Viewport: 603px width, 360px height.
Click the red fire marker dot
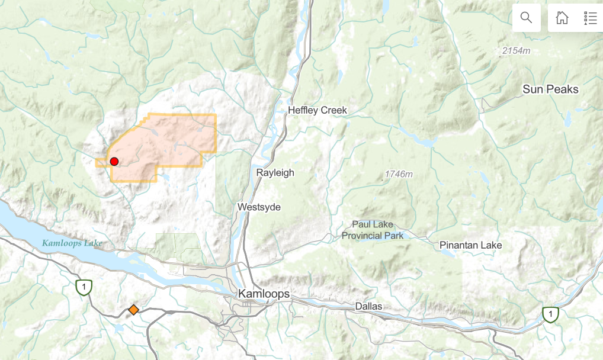114,161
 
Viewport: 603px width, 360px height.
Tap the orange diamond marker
133,310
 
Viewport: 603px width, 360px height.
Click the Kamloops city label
264,294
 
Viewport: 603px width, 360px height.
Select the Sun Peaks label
550,89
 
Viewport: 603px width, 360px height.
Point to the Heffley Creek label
317,110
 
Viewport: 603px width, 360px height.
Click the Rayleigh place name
275,173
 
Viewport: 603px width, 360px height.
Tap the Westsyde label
259,207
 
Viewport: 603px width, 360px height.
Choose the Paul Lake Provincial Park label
373,230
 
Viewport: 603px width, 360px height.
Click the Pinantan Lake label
470,245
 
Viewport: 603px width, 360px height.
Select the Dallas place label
370,306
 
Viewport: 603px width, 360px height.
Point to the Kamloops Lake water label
72,243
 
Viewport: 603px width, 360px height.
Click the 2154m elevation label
516,51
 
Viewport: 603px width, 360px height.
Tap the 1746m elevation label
399,174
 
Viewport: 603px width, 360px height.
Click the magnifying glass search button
526,18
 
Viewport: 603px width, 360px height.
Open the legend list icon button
590,18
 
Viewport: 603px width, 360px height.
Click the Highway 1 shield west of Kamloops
84,287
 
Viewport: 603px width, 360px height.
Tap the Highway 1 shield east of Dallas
551,314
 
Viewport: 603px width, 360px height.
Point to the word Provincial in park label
363,236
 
